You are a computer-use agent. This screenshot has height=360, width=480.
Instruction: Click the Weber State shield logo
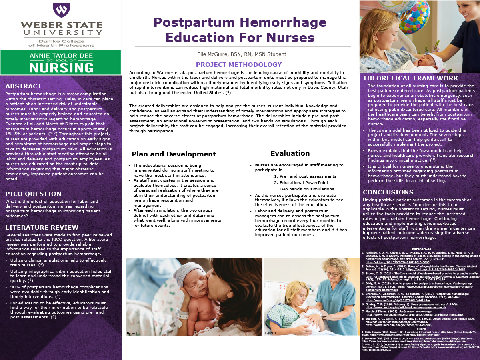pyautogui.click(x=61, y=10)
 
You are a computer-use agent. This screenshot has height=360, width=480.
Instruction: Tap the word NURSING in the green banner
pyautogui.click(x=61, y=67)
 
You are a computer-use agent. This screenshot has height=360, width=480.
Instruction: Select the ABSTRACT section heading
pyautogui.click(x=23, y=86)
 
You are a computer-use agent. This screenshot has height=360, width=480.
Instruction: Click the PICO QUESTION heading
pyautogui.click(x=33, y=194)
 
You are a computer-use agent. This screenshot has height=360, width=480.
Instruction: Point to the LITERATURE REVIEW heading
pyautogui.click(x=42, y=228)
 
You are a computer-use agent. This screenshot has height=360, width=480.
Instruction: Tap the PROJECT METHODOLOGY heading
pyautogui.click(x=239, y=65)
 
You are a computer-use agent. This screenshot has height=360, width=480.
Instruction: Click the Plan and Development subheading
pyautogui.click(x=174, y=154)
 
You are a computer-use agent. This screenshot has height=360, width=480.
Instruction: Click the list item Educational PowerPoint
pyautogui.click(x=301, y=183)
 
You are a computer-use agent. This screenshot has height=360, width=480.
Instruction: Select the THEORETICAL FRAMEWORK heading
pyautogui.click(x=410, y=78)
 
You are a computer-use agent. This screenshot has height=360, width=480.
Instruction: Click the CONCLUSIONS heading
pyautogui.click(x=388, y=192)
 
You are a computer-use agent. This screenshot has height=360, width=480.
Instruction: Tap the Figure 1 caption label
pyautogui.click(x=132, y=333)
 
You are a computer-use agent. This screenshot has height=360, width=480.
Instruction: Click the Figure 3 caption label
pyautogui.click(x=270, y=333)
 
